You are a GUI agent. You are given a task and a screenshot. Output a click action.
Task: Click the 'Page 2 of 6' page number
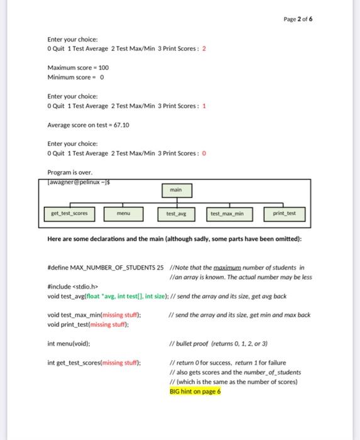(x=298, y=19)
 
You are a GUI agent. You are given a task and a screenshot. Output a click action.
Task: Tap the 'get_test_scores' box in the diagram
(x=68, y=213)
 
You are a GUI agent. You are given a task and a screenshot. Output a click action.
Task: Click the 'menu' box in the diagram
(x=123, y=213)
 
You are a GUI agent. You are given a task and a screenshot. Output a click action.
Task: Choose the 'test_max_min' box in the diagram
(x=227, y=214)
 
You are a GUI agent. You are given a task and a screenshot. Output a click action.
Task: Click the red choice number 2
(x=204, y=48)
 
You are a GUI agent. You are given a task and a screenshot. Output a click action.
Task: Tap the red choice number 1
(x=204, y=106)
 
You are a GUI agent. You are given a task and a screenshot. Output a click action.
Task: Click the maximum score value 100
(x=103, y=67)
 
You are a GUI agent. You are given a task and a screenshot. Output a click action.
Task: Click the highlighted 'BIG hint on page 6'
(x=195, y=391)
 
